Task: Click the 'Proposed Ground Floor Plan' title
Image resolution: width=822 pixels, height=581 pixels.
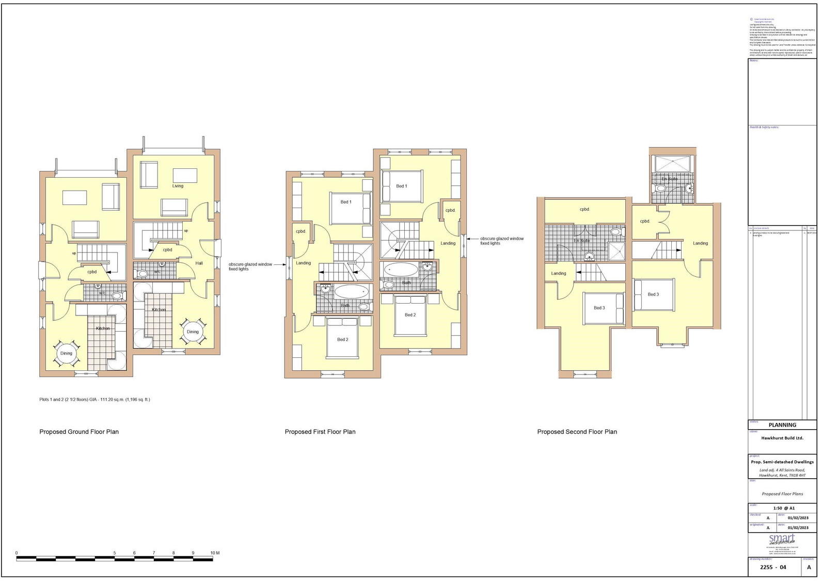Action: tap(79, 432)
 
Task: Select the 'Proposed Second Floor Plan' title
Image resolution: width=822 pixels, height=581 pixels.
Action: tap(577, 432)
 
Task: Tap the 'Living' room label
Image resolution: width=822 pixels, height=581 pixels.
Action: tap(178, 186)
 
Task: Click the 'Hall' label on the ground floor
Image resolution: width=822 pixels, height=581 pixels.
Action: tap(199, 263)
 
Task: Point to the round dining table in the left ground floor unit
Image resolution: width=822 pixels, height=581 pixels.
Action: tap(66, 353)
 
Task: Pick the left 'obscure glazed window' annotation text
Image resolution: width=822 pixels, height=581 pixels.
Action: tap(250, 266)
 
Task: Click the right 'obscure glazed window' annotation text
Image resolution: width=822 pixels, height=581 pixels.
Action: tap(501, 241)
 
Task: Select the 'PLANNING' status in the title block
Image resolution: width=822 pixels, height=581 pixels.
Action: tap(782, 425)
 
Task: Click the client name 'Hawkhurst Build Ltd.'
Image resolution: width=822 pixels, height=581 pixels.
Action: tap(782, 438)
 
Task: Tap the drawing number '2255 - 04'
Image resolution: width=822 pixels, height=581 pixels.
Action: tap(773, 567)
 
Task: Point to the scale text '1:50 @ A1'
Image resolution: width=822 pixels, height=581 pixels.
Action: tap(784, 508)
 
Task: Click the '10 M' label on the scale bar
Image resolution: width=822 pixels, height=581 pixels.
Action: tap(215, 553)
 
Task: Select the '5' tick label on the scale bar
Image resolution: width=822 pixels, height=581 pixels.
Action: tap(115, 553)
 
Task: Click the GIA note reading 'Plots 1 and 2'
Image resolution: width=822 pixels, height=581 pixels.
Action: tap(94, 399)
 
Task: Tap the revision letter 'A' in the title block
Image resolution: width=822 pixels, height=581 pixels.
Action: tap(809, 567)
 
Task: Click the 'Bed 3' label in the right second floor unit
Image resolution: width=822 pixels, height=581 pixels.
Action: tap(653, 294)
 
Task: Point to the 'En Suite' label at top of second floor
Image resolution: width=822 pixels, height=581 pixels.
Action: tap(669, 179)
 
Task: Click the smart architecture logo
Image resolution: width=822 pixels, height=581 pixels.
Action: tap(782, 540)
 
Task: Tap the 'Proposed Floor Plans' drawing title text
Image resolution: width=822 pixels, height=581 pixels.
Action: tap(782, 494)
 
